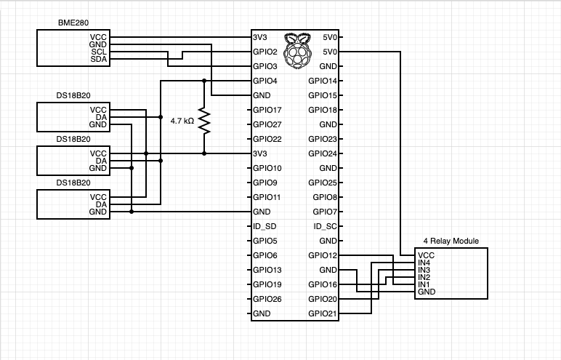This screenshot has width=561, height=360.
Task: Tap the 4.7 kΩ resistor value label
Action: pos(182,121)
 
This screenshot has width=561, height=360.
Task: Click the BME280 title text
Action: pos(73,24)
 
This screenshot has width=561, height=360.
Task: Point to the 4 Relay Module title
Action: pos(451,241)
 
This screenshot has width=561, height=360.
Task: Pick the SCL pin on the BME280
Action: pos(98,52)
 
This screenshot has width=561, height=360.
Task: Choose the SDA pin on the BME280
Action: pos(98,60)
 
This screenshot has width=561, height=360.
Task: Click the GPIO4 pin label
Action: pos(265,81)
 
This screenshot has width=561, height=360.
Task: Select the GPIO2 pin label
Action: pos(265,52)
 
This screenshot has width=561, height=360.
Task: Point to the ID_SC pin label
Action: pos(324,226)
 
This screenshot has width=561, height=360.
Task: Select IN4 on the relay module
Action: pos(424,263)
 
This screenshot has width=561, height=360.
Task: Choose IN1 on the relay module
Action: pos(424,284)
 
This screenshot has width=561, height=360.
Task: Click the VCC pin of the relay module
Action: pos(426,255)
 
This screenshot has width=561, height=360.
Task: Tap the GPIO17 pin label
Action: pos(267,110)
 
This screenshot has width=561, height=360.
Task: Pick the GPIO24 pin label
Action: pos(322,153)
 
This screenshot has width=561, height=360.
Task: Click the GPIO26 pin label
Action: pos(267,299)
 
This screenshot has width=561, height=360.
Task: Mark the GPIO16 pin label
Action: pos(322,284)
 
